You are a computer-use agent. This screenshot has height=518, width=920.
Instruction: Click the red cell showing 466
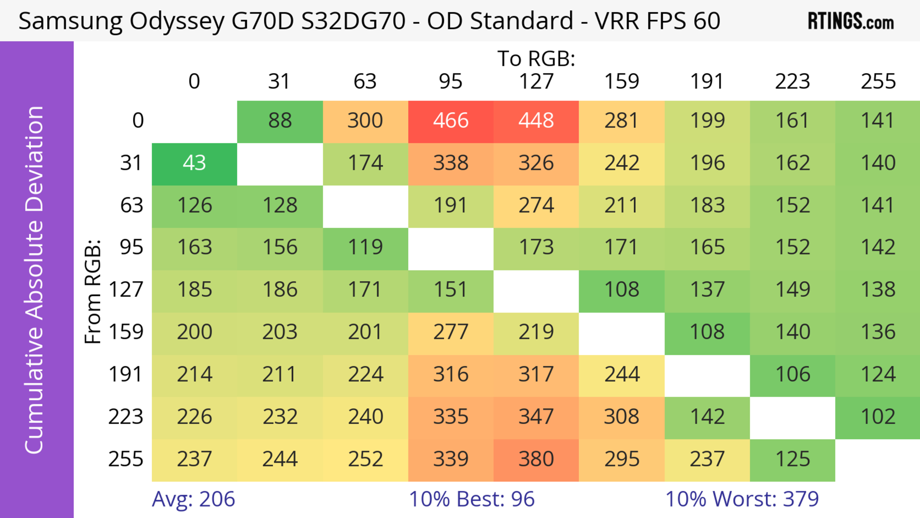451,121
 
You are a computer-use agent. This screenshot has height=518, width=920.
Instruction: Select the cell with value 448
536,121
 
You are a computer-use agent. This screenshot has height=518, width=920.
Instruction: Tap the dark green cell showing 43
194,163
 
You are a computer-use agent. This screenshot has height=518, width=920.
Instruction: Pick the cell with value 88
280,121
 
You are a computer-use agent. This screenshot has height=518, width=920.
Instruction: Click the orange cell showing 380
536,459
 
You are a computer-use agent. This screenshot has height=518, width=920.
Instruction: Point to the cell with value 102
878,417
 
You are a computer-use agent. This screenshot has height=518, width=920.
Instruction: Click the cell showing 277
451,332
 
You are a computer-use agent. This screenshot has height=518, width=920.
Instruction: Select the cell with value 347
536,417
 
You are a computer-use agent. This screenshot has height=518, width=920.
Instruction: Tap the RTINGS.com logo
851,21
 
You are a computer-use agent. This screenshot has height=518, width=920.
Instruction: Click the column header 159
621,81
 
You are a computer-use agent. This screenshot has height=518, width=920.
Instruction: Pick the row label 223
126,417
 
